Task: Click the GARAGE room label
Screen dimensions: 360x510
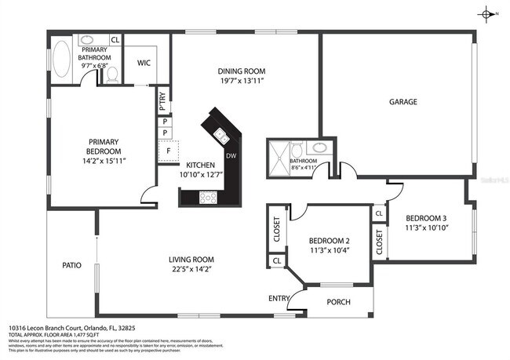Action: (403, 102)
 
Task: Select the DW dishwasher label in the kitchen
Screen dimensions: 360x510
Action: (231, 155)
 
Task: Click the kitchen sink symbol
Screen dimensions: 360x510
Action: (222, 136)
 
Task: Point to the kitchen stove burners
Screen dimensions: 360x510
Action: (208, 197)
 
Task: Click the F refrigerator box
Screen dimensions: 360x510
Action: (166, 151)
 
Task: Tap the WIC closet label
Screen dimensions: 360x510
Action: (144, 63)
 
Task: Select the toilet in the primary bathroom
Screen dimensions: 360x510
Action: (111, 73)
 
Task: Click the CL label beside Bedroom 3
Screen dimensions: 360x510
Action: (378, 213)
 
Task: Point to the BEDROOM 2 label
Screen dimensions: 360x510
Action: (329, 240)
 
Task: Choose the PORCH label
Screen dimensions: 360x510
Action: (338, 302)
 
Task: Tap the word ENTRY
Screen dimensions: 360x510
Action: (279, 298)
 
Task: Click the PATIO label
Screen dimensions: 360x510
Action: (72, 265)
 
